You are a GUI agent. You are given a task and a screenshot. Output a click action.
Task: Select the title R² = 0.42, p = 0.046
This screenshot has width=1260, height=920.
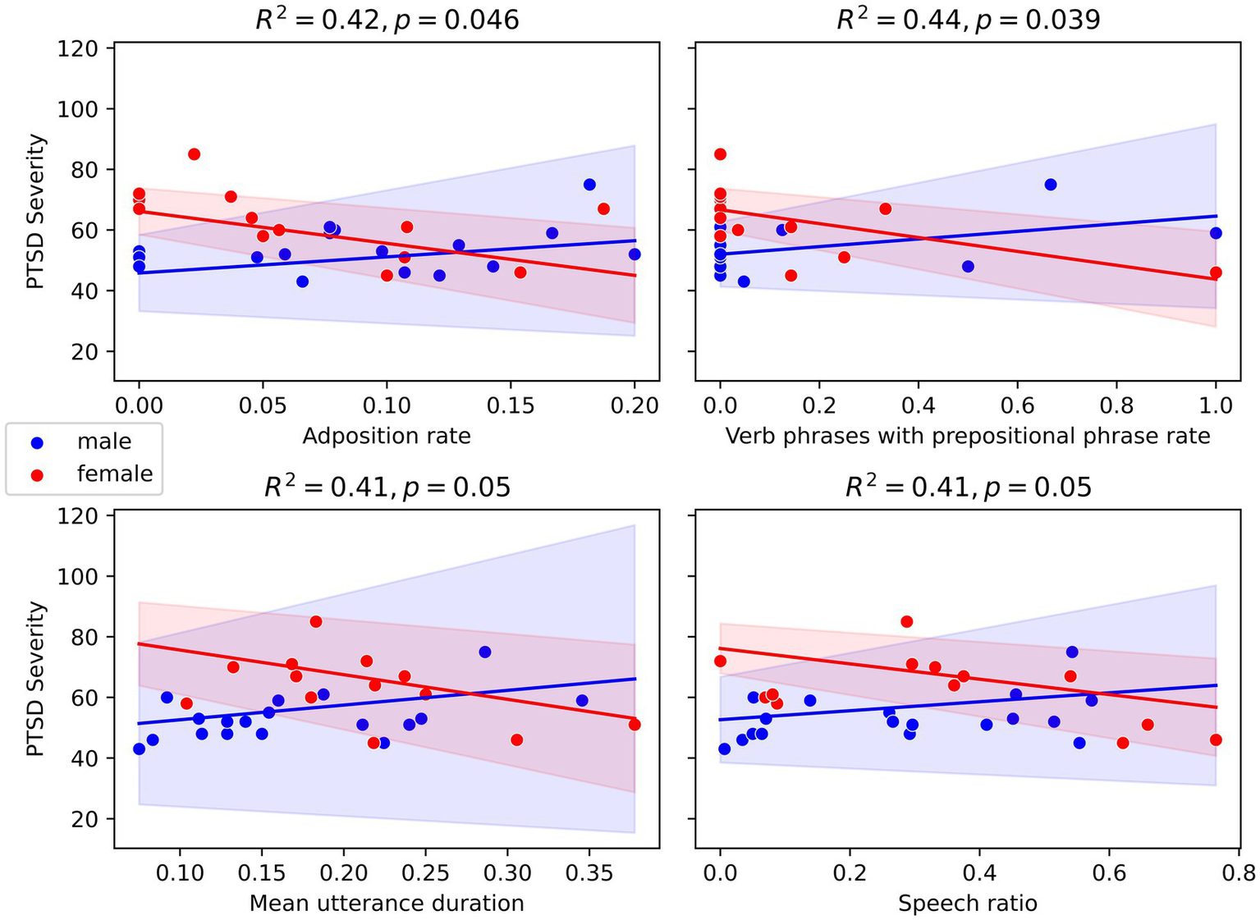[x=387, y=19]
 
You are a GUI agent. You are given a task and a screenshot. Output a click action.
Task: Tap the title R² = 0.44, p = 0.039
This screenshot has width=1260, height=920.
[x=968, y=19]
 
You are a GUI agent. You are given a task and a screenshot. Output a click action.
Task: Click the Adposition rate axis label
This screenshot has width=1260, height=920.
[x=387, y=436]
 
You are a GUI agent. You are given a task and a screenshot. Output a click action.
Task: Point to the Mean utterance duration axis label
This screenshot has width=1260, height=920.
[x=387, y=904]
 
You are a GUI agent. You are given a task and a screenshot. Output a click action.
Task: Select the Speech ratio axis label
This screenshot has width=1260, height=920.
[x=968, y=904]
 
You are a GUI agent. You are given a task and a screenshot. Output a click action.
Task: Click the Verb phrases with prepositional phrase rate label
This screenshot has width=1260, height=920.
[x=968, y=436]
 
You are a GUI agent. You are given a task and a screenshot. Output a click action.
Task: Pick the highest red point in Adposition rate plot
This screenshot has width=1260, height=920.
[x=194, y=154]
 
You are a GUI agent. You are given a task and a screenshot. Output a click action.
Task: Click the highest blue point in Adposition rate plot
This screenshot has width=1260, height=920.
[x=589, y=185]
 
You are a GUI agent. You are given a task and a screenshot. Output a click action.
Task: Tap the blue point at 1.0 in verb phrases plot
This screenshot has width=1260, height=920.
[x=1216, y=233]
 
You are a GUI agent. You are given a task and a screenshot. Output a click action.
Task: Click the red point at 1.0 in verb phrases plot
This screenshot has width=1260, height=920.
[x=1216, y=272]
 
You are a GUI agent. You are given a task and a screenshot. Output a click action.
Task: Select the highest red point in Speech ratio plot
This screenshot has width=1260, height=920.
[x=906, y=621]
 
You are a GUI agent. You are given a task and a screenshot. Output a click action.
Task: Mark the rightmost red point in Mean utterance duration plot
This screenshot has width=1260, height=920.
[x=635, y=725]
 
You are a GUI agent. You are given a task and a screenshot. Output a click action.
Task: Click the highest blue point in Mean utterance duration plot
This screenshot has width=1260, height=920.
[x=485, y=652]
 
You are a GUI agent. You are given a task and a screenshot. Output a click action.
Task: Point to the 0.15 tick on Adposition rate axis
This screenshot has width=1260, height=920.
[x=511, y=406]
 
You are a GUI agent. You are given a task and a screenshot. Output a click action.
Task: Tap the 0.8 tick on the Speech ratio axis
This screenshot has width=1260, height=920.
[x=1239, y=873]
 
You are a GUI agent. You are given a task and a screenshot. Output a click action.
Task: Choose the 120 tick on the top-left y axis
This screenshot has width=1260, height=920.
[x=78, y=48]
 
